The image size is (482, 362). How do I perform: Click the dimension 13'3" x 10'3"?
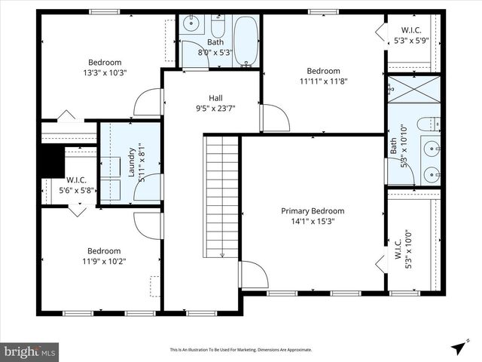click(x=105, y=73)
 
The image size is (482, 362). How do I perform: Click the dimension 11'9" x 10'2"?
click(x=103, y=262)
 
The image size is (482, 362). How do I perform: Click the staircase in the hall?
click(x=221, y=196)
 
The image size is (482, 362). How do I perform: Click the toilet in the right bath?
click(x=428, y=123)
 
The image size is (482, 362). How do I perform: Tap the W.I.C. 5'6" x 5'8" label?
click(x=77, y=186)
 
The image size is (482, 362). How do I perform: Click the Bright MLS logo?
click(x=30, y=351)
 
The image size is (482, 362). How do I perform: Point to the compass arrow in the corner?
click(x=458, y=348)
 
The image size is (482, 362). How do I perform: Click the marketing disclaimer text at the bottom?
click(x=240, y=350)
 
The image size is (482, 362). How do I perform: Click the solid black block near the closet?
click(x=50, y=161)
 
